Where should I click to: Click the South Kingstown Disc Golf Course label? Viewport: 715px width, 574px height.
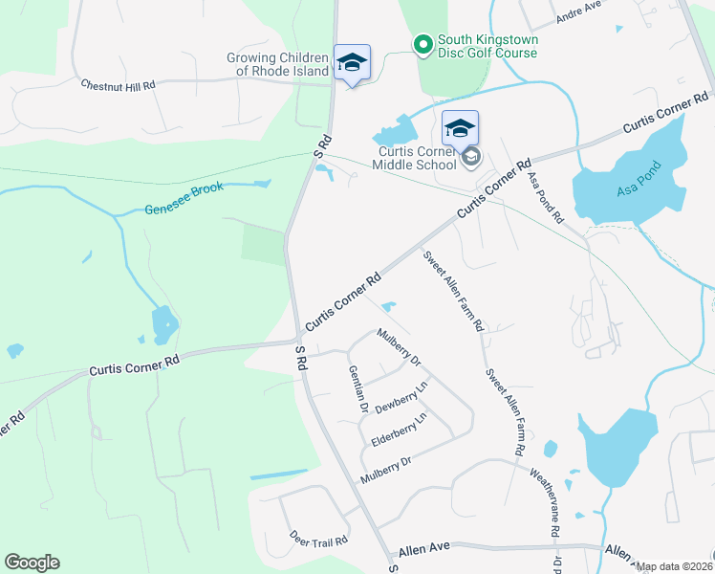click(487, 46)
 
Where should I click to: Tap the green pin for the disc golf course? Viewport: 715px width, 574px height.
click(422, 44)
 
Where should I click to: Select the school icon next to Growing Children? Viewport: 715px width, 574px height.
click(352, 63)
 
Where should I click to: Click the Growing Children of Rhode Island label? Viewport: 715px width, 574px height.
click(277, 64)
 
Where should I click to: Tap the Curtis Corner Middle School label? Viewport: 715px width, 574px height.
click(417, 158)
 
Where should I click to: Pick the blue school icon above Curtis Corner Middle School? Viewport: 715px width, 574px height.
click(460, 128)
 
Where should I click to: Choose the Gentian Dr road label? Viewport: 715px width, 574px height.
click(357, 388)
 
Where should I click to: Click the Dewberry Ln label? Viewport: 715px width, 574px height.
click(400, 398)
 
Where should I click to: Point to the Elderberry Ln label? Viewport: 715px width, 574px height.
click(398, 431)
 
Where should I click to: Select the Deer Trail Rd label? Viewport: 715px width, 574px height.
click(318, 540)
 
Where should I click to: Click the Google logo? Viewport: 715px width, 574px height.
click(32, 563)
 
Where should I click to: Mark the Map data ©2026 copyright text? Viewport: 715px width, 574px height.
click(674, 566)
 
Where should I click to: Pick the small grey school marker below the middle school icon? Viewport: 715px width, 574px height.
click(470, 158)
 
